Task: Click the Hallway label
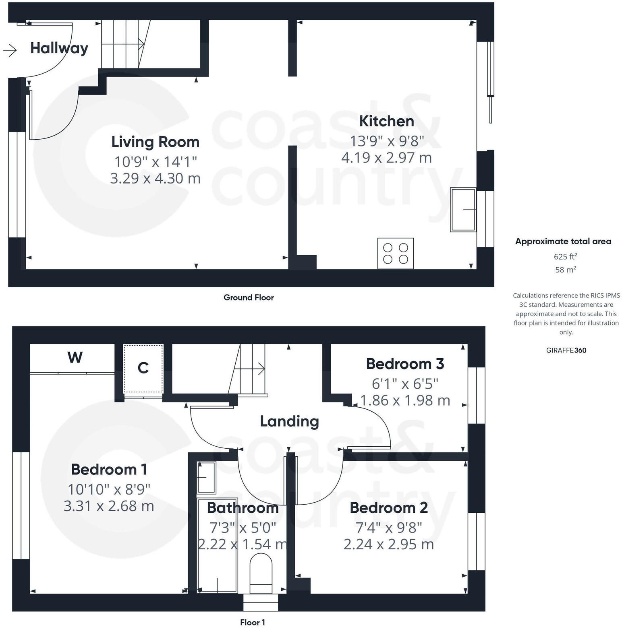[x=59, y=48]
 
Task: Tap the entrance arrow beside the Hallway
[x=10, y=50]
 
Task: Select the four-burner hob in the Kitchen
[x=395, y=254]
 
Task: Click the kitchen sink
[x=463, y=210]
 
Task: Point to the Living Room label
[x=155, y=142]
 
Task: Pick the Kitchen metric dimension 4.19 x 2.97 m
[x=386, y=158]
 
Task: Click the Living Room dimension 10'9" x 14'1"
[x=155, y=162]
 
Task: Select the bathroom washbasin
[x=207, y=477]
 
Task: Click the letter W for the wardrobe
[x=75, y=357]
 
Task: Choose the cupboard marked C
[x=143, y=368]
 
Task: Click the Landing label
[x=289, y=421]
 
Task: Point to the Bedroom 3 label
[x=405, y=364]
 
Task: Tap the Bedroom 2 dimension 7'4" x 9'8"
[x=388, y=527]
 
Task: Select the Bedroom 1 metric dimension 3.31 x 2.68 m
[x=109, y=506]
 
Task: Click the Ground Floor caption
[x=249, y=298]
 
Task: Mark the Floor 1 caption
[x=252, y=623]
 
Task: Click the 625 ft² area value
[x=565, y=256]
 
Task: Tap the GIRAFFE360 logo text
[x=566, y=350]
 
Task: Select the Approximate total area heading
[x=563, y=241]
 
